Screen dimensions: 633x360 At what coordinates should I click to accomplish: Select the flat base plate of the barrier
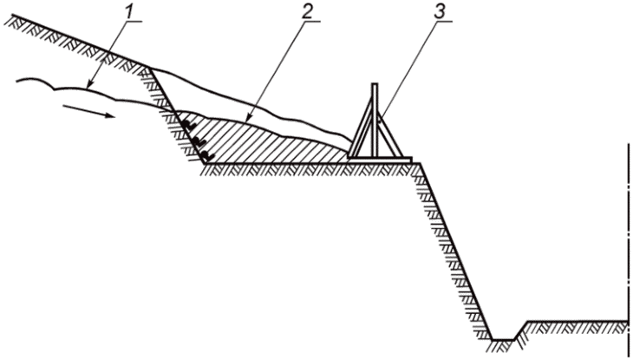coord(380,159)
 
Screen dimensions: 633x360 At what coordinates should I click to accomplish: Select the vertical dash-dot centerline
coord(626,234)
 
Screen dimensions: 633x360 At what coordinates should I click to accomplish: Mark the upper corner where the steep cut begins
coord(153,69)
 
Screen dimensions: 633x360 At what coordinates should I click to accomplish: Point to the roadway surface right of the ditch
coord(577,324)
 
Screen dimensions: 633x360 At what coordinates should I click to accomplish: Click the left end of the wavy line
coord(17,82)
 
